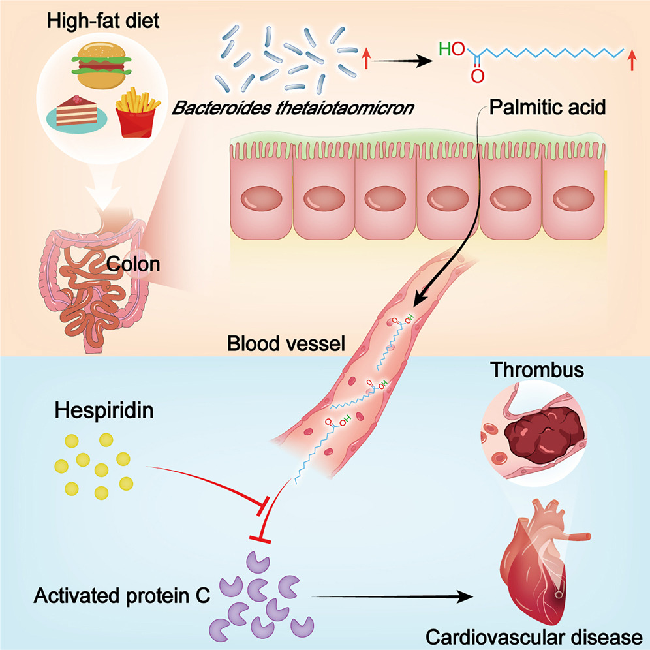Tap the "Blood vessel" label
[285, 343]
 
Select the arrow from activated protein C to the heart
[392, 596]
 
